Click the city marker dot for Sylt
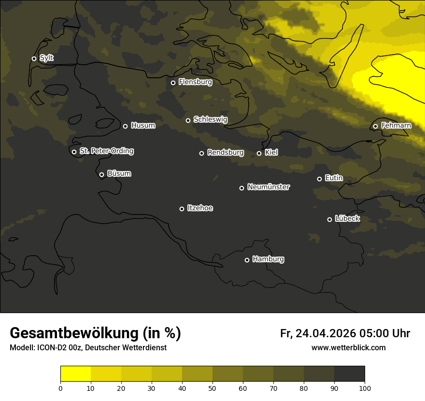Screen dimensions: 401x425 coord(34,58)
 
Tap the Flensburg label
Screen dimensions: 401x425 coord(195,82)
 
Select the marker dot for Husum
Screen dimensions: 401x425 coord(125,126)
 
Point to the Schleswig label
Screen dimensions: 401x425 coord(210,119)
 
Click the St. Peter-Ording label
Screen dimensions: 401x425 coord(106,151)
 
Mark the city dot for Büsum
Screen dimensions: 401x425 coord(101,174)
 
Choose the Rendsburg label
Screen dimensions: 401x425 coord(225,153)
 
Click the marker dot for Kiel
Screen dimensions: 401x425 coord(259,153)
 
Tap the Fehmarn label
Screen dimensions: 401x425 coord(396,126)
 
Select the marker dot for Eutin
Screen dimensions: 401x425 coord(319,179)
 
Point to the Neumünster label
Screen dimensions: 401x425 coord(268,187)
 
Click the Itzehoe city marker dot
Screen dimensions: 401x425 coord(182,209)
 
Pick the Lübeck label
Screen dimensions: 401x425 coord(347,219)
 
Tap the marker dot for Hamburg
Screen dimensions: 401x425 coord(247,260)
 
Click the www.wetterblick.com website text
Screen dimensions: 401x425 coord(348,347)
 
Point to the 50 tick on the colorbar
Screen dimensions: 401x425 coord(212,388)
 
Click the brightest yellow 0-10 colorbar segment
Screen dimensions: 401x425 coord(75,374)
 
